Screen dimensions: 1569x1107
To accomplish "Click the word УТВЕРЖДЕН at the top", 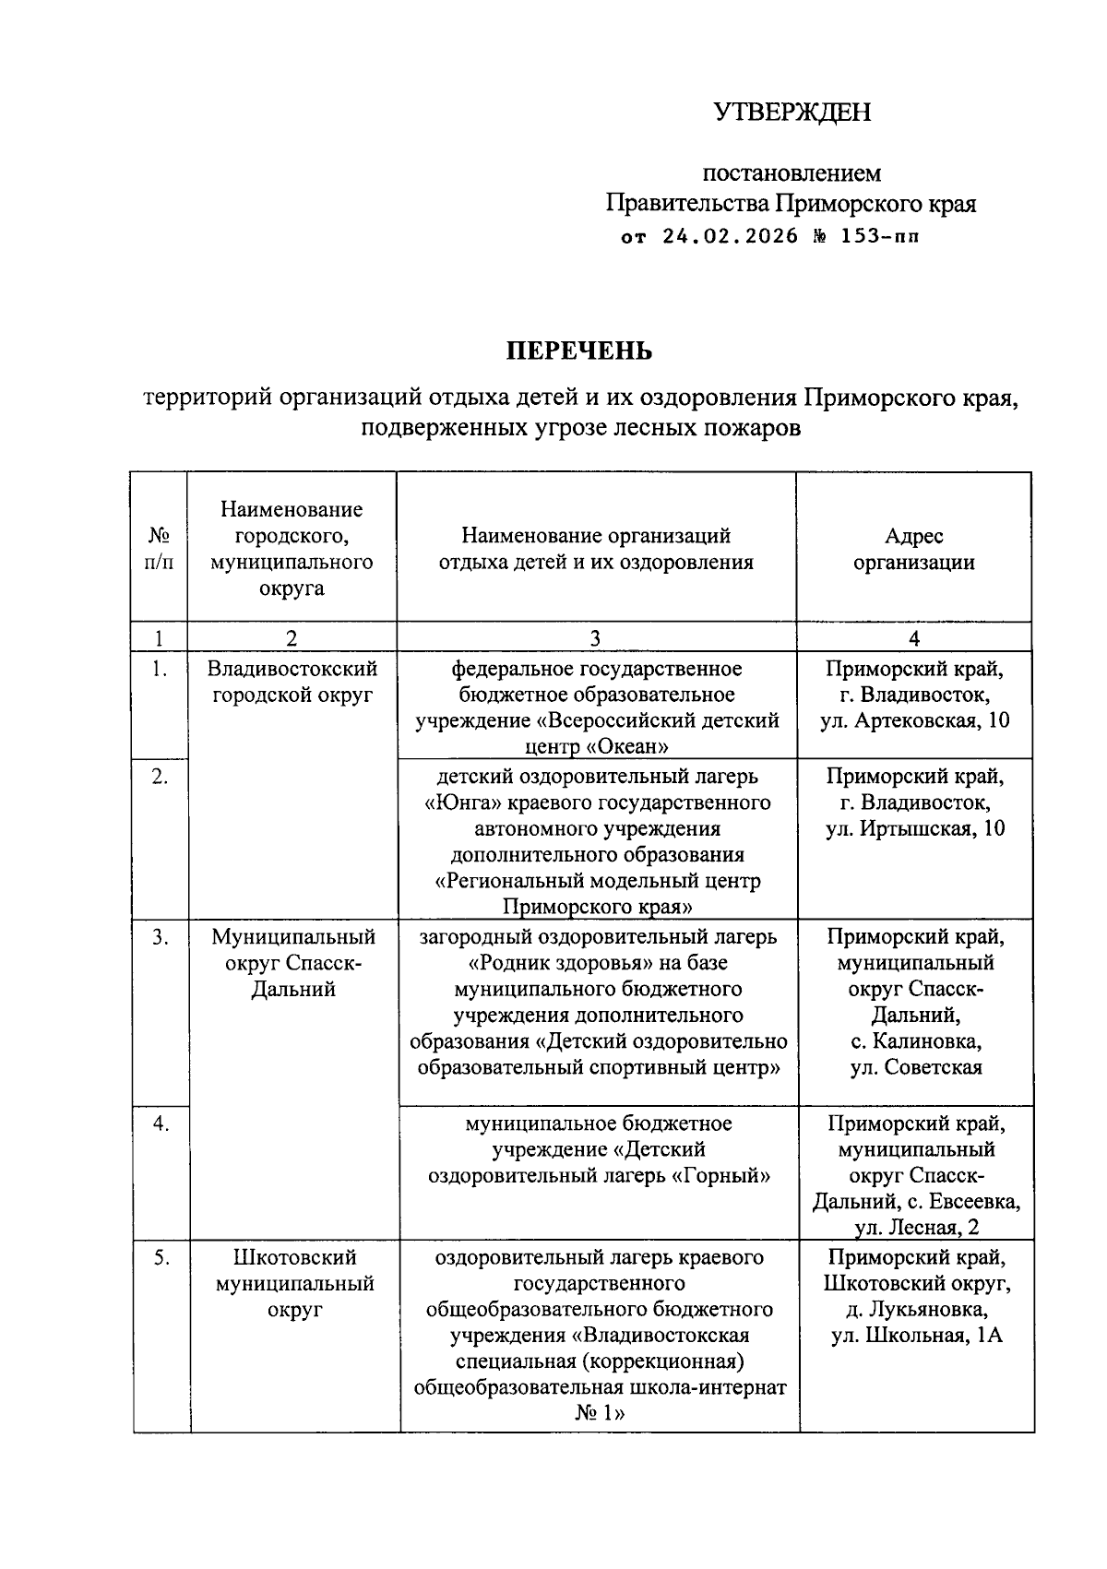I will coord(792,113).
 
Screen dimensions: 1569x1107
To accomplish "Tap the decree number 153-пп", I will coord(879,236).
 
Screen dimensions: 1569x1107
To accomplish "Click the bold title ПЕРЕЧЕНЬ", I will coord(579,351).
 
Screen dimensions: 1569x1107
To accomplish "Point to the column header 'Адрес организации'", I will coord(913,549).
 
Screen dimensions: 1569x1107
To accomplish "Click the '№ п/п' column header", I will coord(159,549).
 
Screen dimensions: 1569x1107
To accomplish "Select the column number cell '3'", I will coord(596,637).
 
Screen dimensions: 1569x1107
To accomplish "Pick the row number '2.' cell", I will coord(160,777).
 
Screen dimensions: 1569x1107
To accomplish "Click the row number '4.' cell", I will coord(161,1123).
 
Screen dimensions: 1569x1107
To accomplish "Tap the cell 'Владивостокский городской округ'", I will coord(292,681).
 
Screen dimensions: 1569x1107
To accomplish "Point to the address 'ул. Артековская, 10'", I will coord(914,719).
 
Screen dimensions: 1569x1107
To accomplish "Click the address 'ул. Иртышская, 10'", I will coord(914,828).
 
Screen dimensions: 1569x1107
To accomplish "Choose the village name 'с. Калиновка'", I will coord(914,1041).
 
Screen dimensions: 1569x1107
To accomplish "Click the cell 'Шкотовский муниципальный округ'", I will coord(294,1283).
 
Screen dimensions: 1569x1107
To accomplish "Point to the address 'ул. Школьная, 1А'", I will coord(916,1336).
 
